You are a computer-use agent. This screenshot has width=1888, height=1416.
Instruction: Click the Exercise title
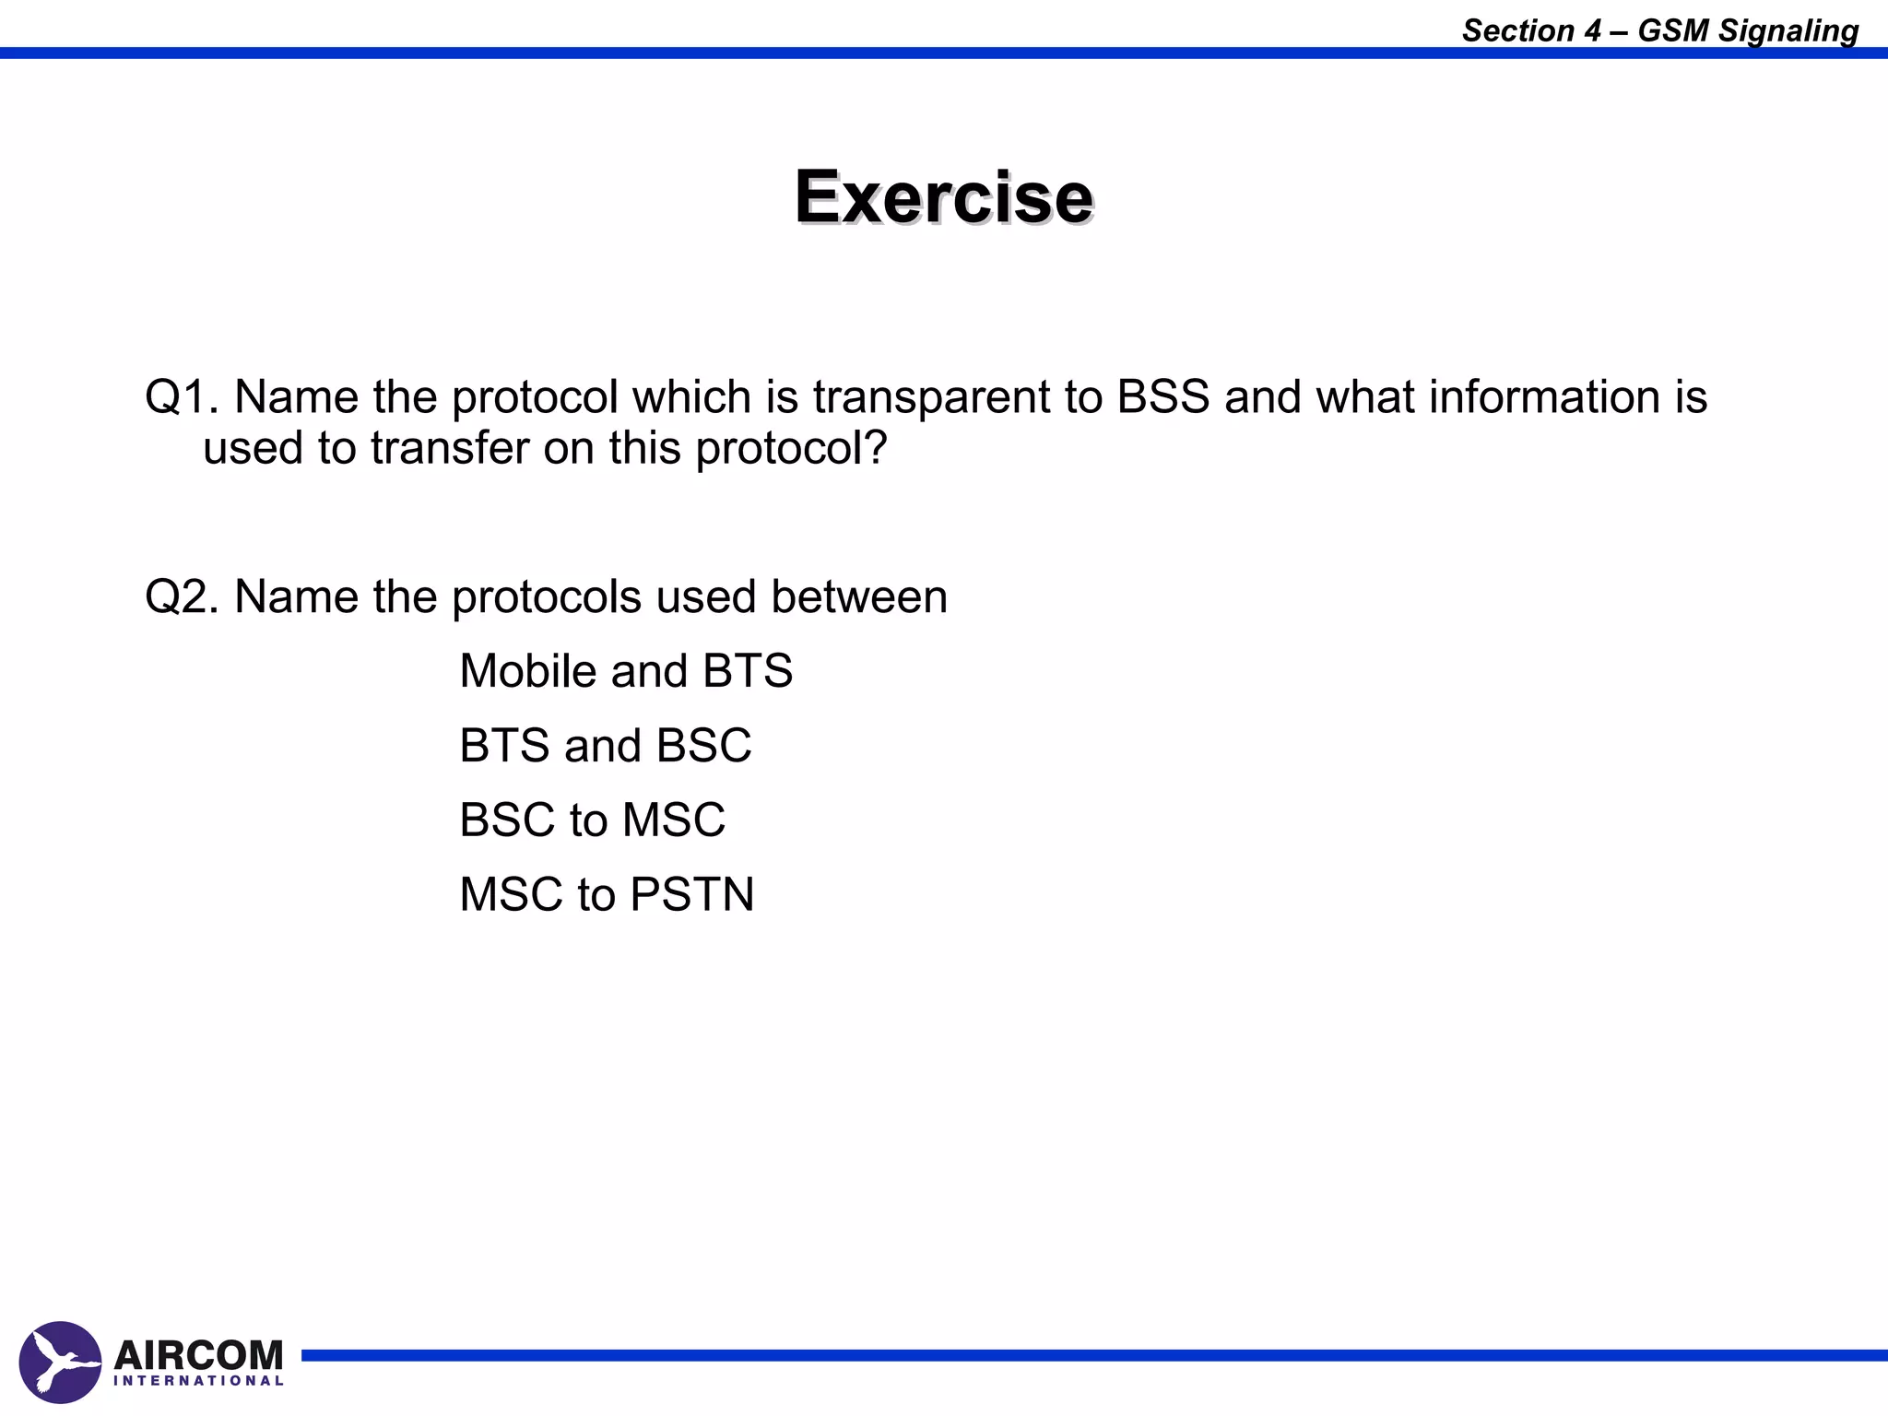click(x=944, y=197)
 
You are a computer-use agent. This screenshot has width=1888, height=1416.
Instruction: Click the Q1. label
click(x=182, y=397)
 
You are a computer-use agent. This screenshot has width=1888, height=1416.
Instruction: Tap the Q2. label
click(x=182, y=596)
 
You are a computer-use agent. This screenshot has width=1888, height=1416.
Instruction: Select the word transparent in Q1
click(x=931, y=397)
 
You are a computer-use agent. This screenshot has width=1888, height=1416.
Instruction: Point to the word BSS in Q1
click(x=1162, y=397)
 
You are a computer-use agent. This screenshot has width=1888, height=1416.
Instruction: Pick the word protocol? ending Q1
click(x=791, y=449)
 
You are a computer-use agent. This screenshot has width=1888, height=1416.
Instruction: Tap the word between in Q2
click(x=858, y=596)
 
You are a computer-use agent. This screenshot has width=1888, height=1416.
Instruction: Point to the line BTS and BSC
click(x=605, y=746)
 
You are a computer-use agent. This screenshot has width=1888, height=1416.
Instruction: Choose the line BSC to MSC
click(x=592, y=820)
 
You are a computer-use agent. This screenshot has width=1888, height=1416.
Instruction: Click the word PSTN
click(x=692, y=895)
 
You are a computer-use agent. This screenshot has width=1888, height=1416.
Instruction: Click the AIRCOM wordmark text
click(x=198, y=1355)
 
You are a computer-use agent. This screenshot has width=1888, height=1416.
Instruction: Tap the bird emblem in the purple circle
click(x=60, y=1363)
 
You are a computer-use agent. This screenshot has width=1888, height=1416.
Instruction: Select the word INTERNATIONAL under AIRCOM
click(x=198, y=1381)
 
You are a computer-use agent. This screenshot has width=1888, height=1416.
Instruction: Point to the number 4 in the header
click(x=1592, y=31)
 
